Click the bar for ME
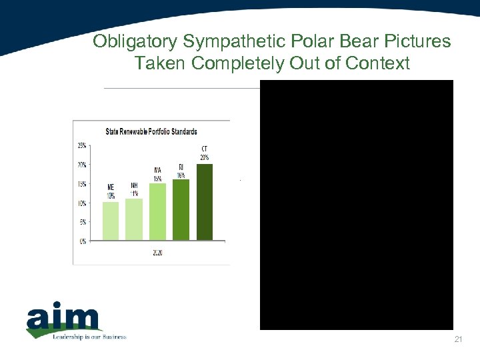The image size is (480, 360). coord(110,221)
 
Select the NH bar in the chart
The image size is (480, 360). coord(133,219)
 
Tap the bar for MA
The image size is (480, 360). coord(157,211)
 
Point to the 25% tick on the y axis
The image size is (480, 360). coord(81,145)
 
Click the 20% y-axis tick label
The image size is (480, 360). coord(81,164)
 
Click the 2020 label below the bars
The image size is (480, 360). coord(157,253)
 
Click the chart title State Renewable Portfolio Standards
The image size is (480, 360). coord(151,131)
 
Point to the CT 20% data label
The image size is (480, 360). coord(204,153)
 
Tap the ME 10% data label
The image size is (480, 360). coord(110,192)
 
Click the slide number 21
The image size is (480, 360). coord(457,340)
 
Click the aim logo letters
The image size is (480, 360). coord(63,319)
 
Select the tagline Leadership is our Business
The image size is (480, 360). coord(90,337)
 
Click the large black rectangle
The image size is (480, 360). coord(356,205)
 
